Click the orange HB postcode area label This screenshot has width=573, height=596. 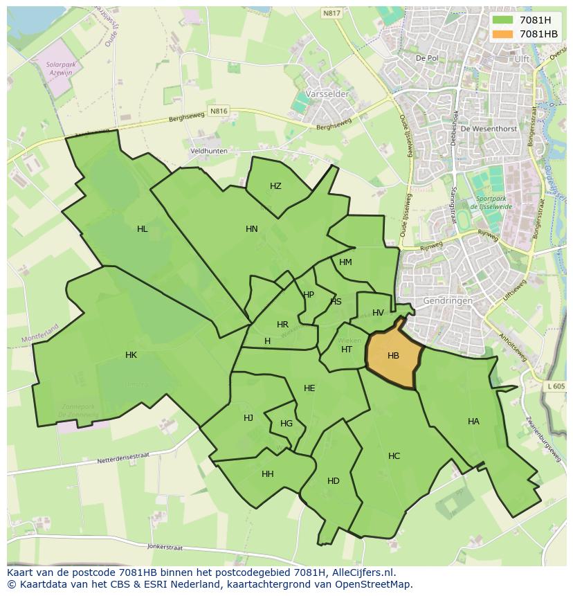coord(393,356)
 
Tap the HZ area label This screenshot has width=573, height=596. coord(275,186)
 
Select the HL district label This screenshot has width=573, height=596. coord(142,229)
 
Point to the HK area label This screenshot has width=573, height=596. coord(131,355)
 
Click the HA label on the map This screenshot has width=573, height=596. coord(473,421)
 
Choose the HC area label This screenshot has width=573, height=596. coord(394,455)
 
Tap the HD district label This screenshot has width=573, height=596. coord(334,481)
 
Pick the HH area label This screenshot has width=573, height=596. coord(268,474)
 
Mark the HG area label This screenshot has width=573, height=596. coord(286,424)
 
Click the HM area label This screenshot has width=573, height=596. coord(345,262)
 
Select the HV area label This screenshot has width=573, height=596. coord(378,313)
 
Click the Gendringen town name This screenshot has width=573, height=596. coord(448,301)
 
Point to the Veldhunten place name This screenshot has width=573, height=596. coord(208,150)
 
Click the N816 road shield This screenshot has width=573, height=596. coord(219,111)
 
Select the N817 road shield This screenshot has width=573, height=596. coord(331,12)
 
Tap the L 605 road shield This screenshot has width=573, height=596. coord(555,386)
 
